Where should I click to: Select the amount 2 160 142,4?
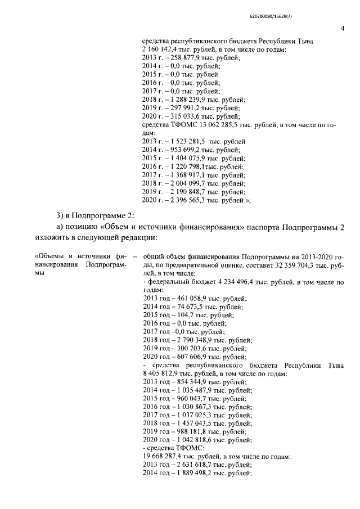161,50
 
